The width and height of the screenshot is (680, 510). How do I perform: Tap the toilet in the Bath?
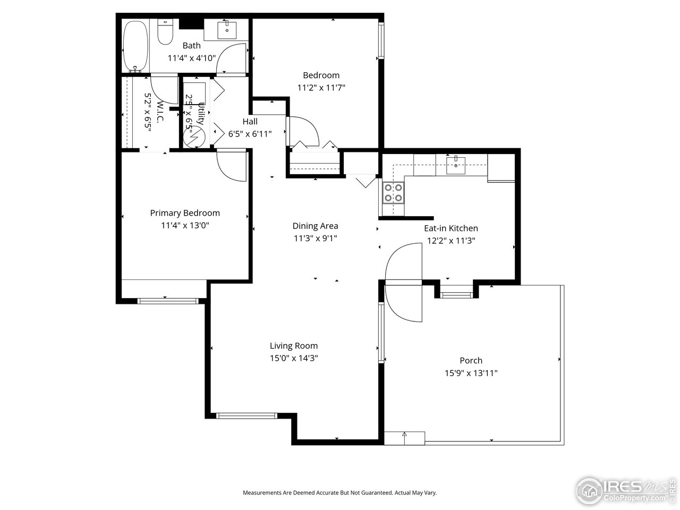(166, 33)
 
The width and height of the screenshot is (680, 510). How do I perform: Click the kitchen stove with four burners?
(393, 193)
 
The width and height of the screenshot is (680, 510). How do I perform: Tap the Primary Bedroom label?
(184, 213)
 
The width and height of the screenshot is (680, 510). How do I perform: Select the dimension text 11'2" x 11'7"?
(321, 88)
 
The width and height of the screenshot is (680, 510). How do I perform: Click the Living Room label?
(293, 346)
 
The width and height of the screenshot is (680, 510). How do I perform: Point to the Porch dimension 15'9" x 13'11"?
(471, 373)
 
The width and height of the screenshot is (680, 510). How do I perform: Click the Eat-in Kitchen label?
(450, 228)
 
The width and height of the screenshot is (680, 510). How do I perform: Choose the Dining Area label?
(315, 226)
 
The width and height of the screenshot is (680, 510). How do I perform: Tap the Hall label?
(250, 122)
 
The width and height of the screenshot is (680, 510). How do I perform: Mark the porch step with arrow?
(404, 438)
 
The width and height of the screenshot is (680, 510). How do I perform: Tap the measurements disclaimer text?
(339, 493)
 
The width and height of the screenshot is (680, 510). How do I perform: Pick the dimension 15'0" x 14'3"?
(293, 359)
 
